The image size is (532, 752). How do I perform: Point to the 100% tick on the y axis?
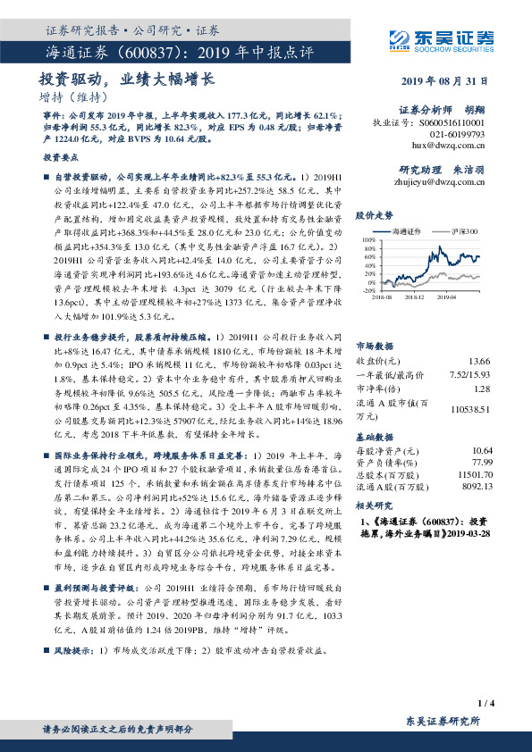pyautogui.click(x=367, y=240)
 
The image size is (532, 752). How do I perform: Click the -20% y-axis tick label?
pyautogui.click(x=368, y=290)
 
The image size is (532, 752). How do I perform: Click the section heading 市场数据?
pyautogui.click(x=375, y=320)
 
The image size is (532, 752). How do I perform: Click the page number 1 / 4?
pyautogui.click(x=486, y=704)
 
